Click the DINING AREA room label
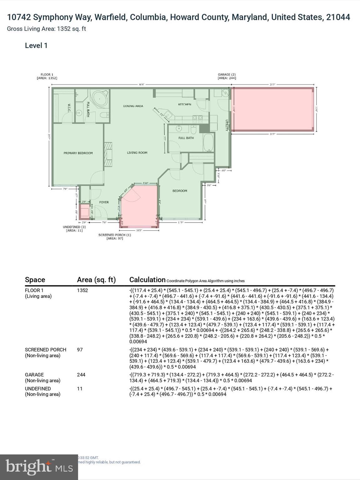coord(133,106)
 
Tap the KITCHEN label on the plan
coord(184,104)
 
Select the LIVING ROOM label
coord(137,153)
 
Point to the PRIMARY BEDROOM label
coord(78,153)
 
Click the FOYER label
coord(104,202)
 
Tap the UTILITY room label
coord(227,125)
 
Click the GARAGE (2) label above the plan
coord(227,75)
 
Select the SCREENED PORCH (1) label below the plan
coord(114,235)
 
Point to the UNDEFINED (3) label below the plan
coord(74,227)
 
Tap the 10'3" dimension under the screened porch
coord(139,230)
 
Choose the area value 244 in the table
coord(81,375)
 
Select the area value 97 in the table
coord(80,350)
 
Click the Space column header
coord(35,280)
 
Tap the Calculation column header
coord(147,280)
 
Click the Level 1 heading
coord(36,46)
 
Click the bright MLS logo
coord(39,467)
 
